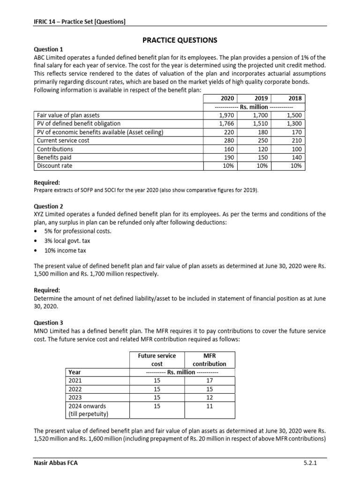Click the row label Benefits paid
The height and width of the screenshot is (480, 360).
54,157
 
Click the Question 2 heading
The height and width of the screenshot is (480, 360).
49,206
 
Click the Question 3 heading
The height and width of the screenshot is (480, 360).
49,323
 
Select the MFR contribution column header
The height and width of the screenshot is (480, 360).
209,360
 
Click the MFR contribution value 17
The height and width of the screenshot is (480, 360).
210,381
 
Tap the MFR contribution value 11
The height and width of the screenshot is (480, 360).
210,406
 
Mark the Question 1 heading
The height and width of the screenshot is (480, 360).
49,49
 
